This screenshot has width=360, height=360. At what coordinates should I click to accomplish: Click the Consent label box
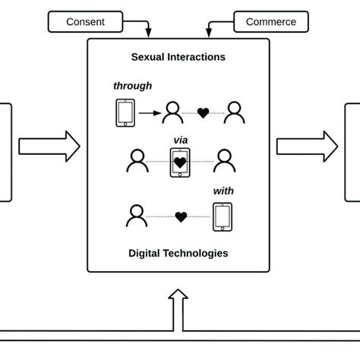[86, 21]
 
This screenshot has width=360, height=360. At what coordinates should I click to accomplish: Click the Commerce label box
[271, 21]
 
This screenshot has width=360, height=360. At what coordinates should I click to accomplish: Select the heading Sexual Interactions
[178, 57]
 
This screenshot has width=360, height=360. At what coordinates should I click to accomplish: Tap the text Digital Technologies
[178, 253]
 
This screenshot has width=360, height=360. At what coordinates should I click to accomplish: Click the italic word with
[223, 192]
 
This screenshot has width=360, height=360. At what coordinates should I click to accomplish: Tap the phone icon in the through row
[125, 113]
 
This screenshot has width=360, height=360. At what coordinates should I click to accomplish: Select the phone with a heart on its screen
[180, 162]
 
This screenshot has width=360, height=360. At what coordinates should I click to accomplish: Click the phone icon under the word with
[223, 217]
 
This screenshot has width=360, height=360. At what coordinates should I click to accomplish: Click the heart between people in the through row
[203, 114]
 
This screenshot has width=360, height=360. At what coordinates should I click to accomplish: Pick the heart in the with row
[181, 217]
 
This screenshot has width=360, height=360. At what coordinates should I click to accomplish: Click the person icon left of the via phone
[137, 160]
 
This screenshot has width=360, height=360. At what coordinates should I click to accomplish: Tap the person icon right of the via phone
[223, 160]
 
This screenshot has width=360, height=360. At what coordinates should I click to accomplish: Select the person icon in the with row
[136, 216]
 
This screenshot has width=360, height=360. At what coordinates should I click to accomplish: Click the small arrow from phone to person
[150, 113]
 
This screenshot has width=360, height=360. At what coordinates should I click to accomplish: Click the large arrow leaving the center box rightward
[307, 146]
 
